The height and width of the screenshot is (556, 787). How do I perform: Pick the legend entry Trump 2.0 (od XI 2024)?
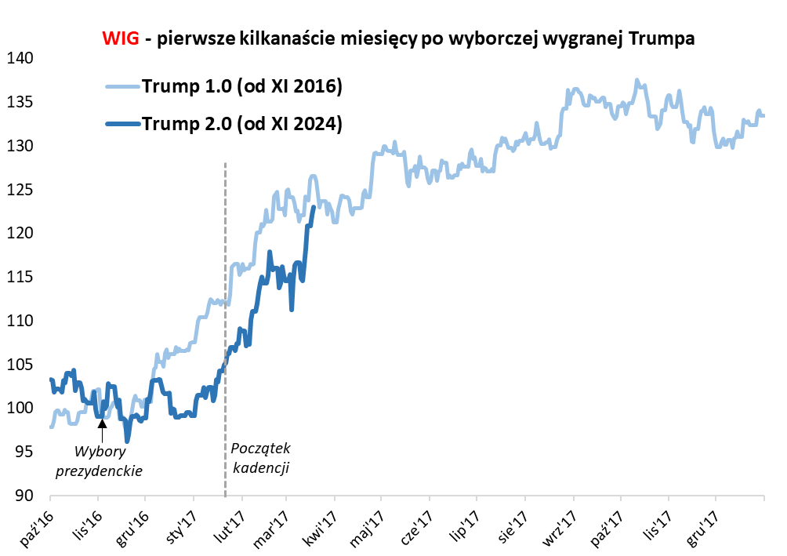coord(242,123)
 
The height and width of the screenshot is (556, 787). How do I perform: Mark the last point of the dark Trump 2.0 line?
coord(314,207)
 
